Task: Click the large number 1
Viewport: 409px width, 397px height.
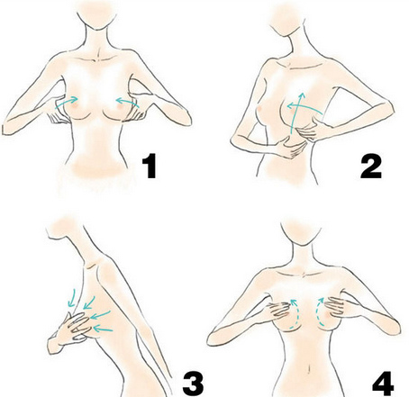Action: pos(150,166)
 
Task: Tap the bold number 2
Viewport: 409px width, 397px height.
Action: pos(371,166)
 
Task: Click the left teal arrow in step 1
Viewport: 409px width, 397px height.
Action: pos(65,102)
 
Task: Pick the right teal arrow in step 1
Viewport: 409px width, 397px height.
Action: pos(128,101)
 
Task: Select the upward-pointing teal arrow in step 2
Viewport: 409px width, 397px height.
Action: pos(296,113)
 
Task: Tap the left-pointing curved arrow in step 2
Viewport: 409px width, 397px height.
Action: pos(304,108)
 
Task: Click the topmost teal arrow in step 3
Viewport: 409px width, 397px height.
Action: pos(71,297)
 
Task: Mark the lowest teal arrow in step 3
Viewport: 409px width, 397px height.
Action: pos(103,329)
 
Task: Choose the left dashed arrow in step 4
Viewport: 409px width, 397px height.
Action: pos(292,313)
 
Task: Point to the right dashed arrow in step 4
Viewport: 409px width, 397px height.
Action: pos(320,311)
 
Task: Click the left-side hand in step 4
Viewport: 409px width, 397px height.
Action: pos(280,309)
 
